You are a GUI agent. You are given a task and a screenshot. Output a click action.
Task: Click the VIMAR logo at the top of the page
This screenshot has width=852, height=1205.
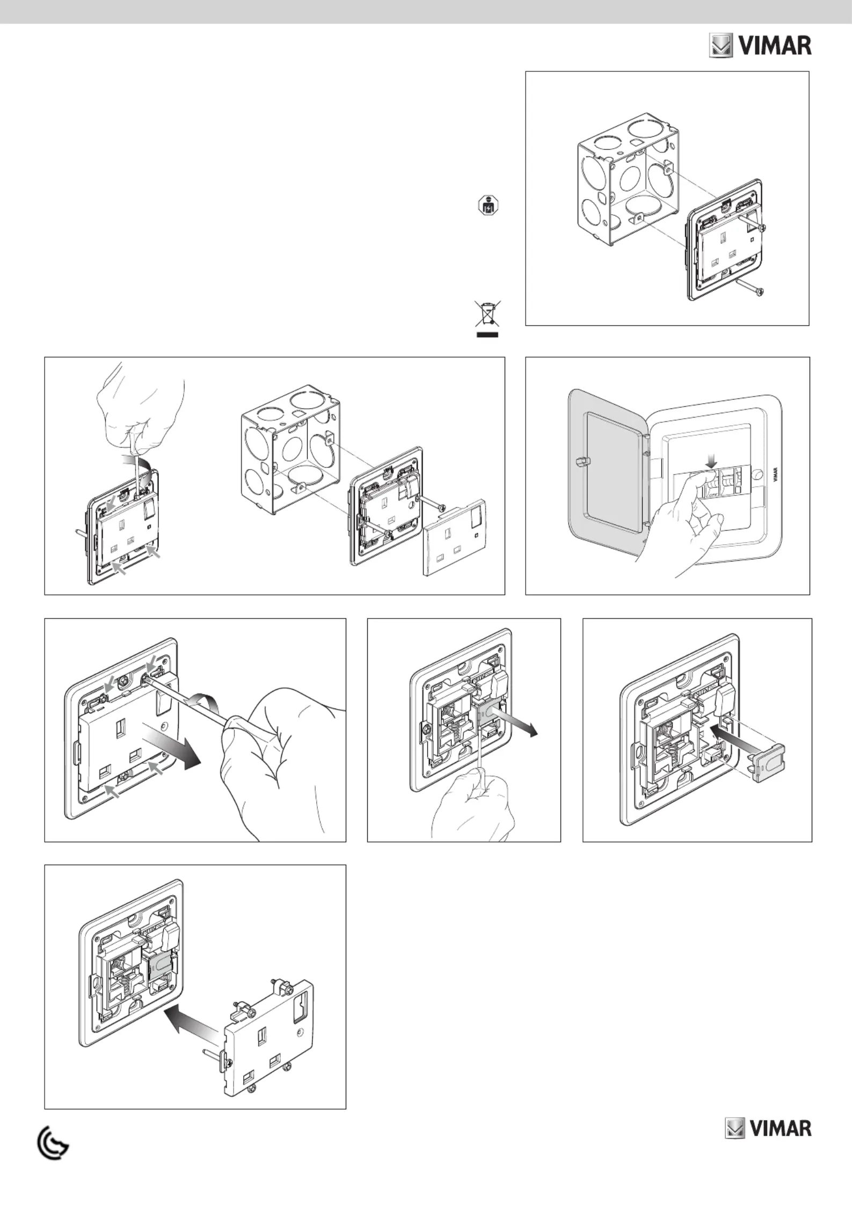click(x=760, y=46)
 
